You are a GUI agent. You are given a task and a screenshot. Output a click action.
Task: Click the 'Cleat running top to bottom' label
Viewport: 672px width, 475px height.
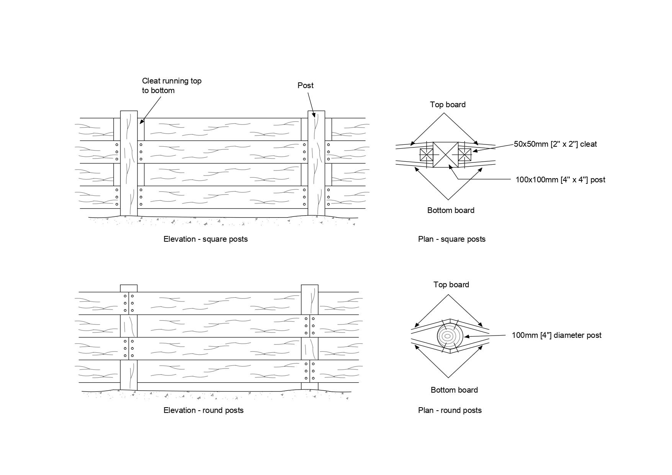point(172,86)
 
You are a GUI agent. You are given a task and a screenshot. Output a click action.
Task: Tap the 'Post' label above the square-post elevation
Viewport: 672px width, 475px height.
point(305,85)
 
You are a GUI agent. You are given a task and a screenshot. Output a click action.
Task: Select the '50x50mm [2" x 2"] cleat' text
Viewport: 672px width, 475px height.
point(555,144)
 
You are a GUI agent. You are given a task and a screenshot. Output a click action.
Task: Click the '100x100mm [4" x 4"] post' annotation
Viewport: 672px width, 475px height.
point(560,180)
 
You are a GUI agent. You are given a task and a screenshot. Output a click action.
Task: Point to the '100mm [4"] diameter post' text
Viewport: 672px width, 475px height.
point(556,335)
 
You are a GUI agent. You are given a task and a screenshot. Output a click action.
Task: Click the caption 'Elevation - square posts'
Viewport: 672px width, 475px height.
point(206,239)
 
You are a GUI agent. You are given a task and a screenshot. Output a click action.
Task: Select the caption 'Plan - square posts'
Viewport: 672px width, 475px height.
point(451,239)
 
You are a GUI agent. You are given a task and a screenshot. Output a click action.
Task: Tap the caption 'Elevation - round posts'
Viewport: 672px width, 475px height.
point(203,410)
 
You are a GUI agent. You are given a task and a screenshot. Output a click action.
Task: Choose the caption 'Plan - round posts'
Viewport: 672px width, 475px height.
point(450,410)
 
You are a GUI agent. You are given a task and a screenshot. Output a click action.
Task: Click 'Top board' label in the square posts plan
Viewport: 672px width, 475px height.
point(448,105)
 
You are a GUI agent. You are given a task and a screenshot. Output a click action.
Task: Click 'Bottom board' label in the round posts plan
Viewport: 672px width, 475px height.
point(454,390)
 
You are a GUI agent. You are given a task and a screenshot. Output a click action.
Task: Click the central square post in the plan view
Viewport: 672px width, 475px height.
point(445,155)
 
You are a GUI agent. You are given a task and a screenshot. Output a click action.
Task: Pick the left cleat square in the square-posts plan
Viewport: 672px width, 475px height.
point(426,155)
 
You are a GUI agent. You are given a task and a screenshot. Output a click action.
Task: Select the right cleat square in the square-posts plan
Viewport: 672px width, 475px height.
point(464,155)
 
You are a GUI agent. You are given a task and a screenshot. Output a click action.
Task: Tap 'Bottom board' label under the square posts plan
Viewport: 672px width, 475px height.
point(451,210)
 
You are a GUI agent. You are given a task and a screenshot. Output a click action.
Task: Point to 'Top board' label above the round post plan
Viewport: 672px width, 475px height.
point(451,285)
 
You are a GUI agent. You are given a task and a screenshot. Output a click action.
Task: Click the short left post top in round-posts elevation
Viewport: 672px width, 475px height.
point(129,288)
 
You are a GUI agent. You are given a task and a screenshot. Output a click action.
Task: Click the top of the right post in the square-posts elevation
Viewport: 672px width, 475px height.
point(316,114)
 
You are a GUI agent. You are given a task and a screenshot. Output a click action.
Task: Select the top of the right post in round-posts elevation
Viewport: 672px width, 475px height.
point(309,288)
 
